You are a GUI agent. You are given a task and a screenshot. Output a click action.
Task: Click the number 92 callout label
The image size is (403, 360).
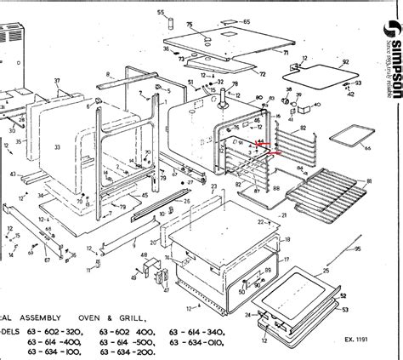click(345, 62)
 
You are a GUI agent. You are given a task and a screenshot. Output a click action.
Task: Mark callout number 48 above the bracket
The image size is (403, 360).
click(144, 254)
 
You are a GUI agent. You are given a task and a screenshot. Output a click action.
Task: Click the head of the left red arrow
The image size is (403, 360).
click(253, 144)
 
